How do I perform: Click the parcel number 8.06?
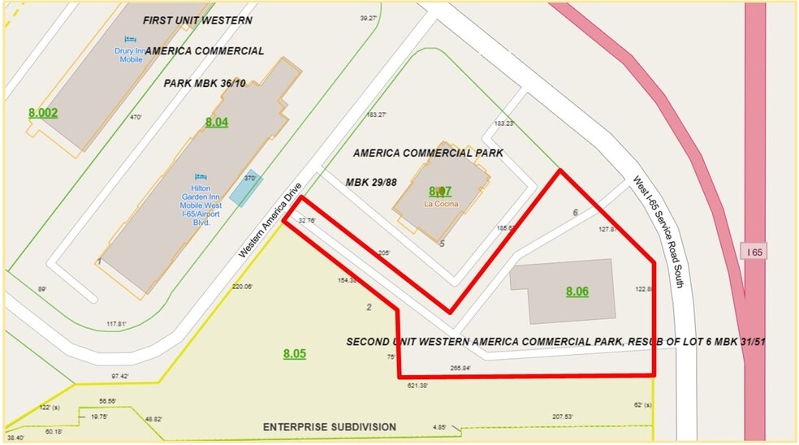pos(577,292)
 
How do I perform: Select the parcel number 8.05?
pos(295,353)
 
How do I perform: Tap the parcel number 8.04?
pos(217,123)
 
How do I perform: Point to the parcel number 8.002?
pos(43,113)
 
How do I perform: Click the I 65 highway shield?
pos(754,252)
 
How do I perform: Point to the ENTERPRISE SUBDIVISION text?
pos(329,426)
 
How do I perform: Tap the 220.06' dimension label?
pos(242,287)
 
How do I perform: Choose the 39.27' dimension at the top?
pos(369,18)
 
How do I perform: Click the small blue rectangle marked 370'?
pos(245,188)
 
